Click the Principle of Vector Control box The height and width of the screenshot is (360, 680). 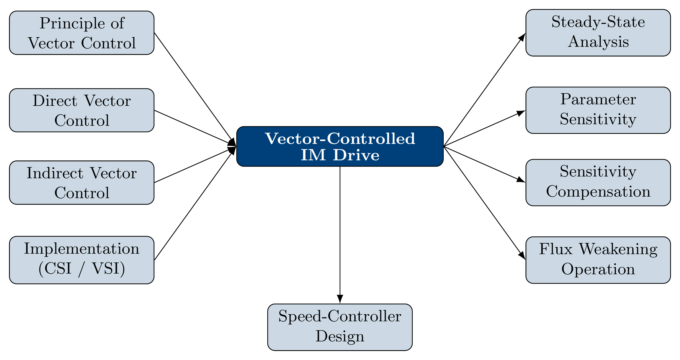pos(82,33)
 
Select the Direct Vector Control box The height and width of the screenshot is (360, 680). pos(82,110)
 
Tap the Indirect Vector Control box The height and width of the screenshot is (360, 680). pos(82,182)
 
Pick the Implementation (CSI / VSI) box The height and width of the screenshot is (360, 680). pos(82,260)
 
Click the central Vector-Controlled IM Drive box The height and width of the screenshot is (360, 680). pos(340,146)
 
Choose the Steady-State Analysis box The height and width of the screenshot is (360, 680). pos(598,33)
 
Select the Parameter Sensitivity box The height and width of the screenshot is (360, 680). pos(598,110)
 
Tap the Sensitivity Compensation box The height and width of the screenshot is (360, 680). pos(598,182)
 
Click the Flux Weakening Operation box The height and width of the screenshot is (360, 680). pos(598,260)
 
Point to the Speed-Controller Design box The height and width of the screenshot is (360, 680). pos(340,327)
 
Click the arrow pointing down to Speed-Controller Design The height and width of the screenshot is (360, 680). pos(340,235)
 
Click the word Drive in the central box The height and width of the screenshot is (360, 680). pos(356,155)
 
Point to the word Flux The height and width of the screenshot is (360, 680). pos(555,249)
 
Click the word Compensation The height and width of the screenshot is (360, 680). pos(598,192)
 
